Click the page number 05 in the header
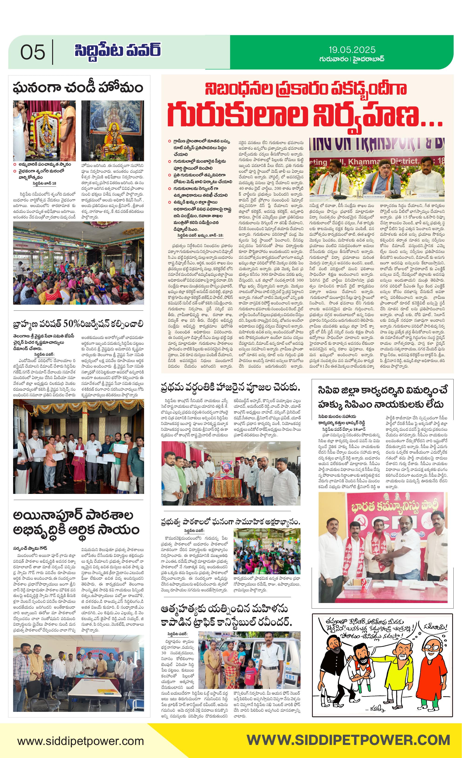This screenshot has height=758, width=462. [x=33, y=52]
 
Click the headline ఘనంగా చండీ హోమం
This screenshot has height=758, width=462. [x=78, y=88]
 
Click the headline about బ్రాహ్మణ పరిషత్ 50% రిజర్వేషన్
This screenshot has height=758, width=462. [x=78, y=324]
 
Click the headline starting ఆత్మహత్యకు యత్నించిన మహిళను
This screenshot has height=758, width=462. [x=226, y=616]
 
